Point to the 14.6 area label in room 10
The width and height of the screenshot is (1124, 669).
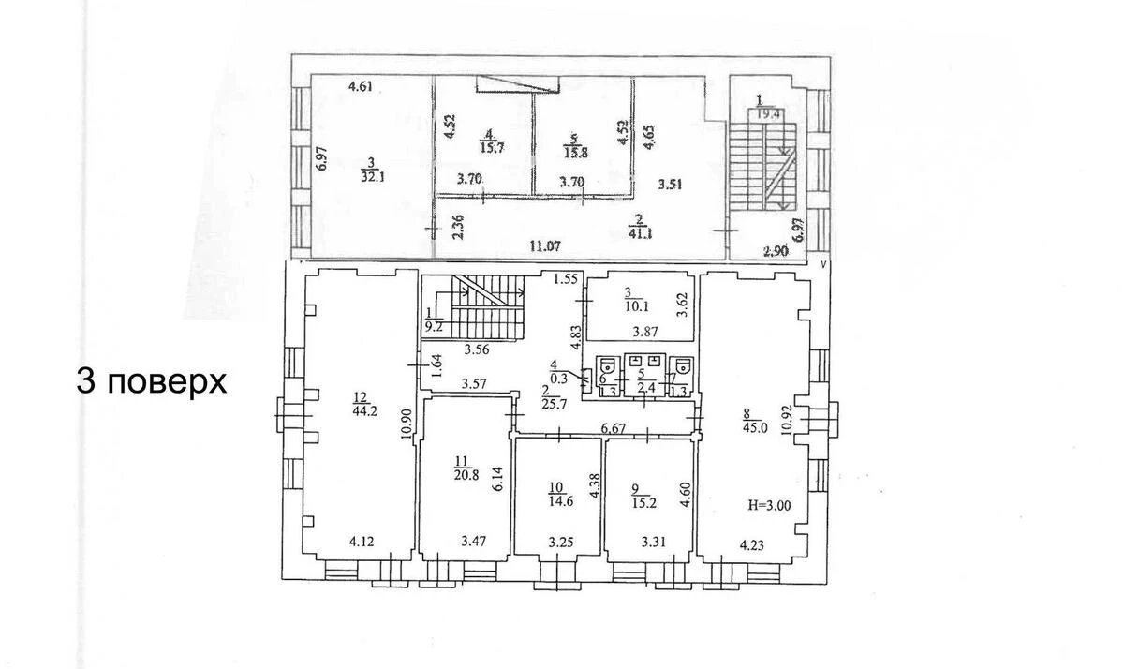point(558,499)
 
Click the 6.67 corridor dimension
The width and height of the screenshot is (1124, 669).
point(613,427)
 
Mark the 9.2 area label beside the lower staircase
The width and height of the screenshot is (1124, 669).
point(434,327)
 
